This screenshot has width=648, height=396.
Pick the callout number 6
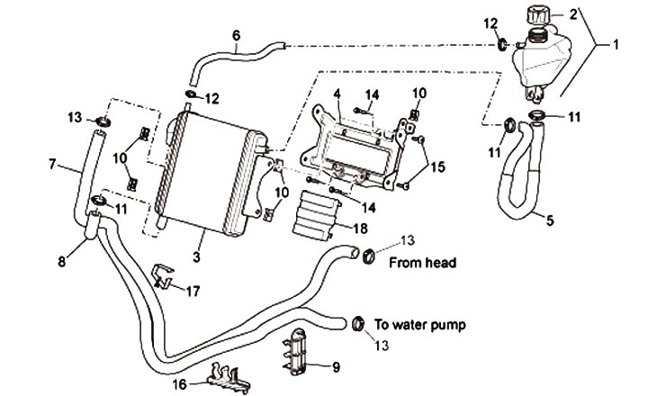236,36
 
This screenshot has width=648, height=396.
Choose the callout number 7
52,165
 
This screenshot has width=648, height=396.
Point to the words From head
423,264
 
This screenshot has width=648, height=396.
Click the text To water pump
424,322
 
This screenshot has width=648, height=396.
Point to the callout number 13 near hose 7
75,117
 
